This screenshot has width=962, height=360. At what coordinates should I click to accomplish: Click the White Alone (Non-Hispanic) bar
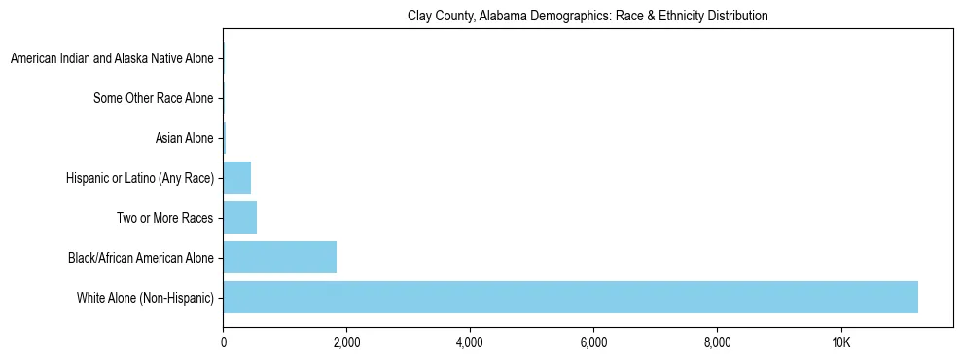pos(570,297)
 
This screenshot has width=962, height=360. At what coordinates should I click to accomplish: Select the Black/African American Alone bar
pos(280,258)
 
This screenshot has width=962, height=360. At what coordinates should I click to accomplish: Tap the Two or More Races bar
pos(240,218)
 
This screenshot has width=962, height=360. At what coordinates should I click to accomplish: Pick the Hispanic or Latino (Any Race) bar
pos(237,178)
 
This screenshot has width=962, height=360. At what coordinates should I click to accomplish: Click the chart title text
pos(588,16)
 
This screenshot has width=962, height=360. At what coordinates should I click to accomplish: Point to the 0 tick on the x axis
pos(223,342)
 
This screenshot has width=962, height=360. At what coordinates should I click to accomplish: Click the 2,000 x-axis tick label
pos(346,342)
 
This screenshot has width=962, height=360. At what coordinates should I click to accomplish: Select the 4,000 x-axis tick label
pos(470,342)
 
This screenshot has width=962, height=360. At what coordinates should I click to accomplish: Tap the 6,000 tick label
pos(593,342)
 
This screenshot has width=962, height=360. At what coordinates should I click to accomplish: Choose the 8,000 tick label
pos(717,342)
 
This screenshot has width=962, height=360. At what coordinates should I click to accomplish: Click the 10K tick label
pos(840,342)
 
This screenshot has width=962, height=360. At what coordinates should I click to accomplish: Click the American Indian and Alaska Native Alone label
pos(112,59)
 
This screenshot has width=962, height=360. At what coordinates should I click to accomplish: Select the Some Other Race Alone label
pos(153,98)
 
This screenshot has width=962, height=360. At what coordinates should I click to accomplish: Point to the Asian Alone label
pos(184,138)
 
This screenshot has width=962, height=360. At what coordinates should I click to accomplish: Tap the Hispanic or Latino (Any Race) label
pos(139,178)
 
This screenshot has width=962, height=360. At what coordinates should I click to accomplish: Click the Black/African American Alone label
pos(140,258)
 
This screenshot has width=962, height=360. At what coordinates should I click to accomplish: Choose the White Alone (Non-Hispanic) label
pos(145,297)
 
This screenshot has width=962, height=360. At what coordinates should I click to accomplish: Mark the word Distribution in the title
pos(738,16)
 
